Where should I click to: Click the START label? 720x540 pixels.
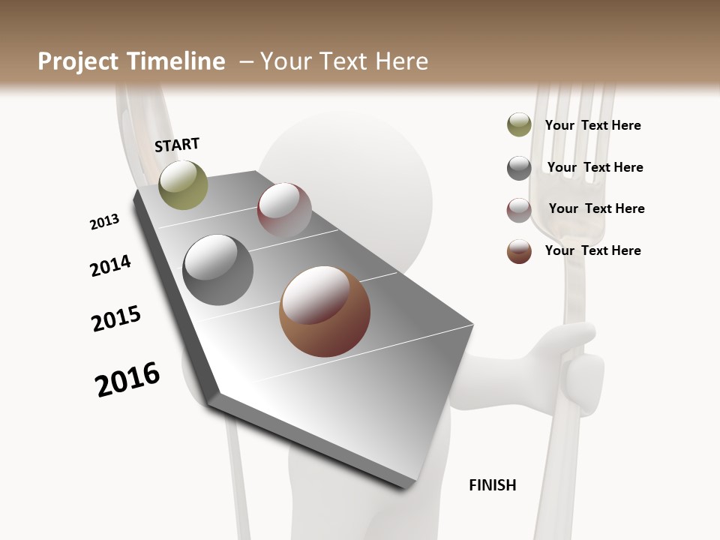coord(177,145)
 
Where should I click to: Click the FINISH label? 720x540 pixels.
coord(493,485)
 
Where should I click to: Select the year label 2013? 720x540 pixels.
coord(104,222)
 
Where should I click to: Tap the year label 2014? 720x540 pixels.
coord(110,266)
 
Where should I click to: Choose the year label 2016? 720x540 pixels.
coord(127,379)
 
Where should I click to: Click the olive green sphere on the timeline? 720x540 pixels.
coord(183,184)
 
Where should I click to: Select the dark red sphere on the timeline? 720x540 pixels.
coord(284,209)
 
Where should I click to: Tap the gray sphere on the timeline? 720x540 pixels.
coord(217,270)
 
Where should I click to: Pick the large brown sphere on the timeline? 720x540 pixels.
coord(325,311)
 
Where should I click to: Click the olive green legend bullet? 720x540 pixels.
coord(519,125)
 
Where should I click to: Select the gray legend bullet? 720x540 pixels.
coord(519,168)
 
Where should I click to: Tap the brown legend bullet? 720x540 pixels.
coord(519,251)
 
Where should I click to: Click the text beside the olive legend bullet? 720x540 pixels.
coord(592,125)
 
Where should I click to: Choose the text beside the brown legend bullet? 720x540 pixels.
coord(592,250)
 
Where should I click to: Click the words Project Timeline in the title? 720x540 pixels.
coord(131,61)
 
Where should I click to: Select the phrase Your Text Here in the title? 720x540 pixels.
coord(343,61)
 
